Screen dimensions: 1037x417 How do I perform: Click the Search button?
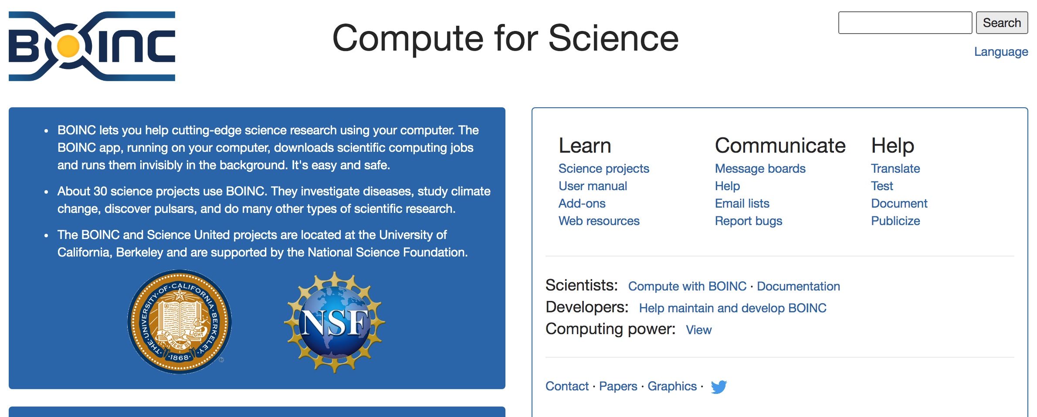(x=1002, y=23)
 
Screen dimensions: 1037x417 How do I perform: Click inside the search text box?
(x=905, y=23)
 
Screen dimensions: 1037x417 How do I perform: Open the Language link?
(x=1001, y=51)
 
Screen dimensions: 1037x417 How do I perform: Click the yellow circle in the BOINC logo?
(x=68, y=46)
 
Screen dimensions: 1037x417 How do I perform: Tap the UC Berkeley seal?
(x=180, y=322)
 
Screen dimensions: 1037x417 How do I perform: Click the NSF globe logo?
(x=335, y=322)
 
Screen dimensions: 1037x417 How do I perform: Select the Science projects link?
(x=604, y=168)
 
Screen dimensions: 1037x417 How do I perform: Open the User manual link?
(x=593, y=186)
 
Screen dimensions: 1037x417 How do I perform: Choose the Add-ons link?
(x=582, y=203)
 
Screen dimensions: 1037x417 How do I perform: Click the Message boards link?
(x=760, y=168)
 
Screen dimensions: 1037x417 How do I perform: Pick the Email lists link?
(x=742, y=203)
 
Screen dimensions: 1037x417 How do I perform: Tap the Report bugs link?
(x=749, y=221)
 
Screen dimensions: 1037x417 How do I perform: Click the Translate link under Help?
(x=895, y=168)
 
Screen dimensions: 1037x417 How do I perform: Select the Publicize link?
(x=895, y=221)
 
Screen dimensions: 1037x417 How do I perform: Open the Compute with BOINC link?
(x=687, y=286)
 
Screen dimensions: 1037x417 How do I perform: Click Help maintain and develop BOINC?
(x=732, y=308)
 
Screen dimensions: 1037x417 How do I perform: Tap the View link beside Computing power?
(x=698, y=330)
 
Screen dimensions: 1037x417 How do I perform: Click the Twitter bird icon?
(x=719, y=387)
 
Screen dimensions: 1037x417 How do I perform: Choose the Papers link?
(x=618, y=386)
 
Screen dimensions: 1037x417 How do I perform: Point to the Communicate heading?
(x=780, y=145)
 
